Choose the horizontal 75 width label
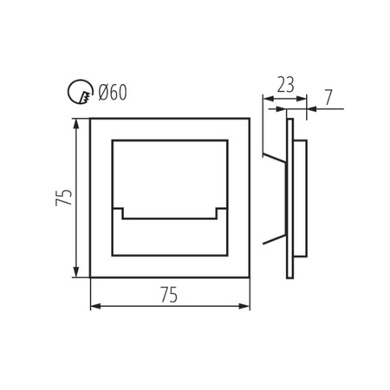coord(169,295)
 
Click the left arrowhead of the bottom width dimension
coord(94,306)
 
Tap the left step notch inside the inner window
coord(121,213)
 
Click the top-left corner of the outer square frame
coord(91,119)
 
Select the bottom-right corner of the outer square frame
coord(250,277)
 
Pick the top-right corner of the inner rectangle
coord(229,139)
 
